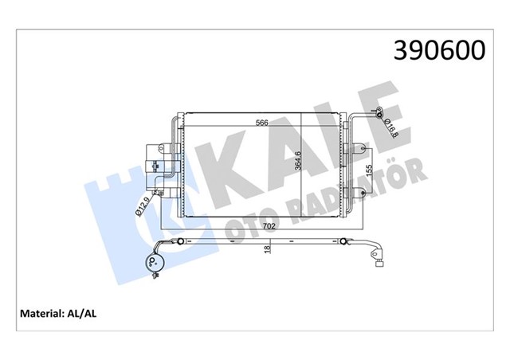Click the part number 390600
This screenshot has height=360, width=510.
439,50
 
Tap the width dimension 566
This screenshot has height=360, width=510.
262,123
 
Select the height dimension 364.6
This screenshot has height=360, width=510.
297,159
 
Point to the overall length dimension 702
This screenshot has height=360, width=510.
269,226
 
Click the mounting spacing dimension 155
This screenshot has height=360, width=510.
369,170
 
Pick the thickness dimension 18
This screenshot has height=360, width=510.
268,249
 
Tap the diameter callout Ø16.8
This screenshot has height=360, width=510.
390,127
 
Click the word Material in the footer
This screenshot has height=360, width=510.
41,314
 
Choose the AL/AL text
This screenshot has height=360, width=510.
81,314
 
